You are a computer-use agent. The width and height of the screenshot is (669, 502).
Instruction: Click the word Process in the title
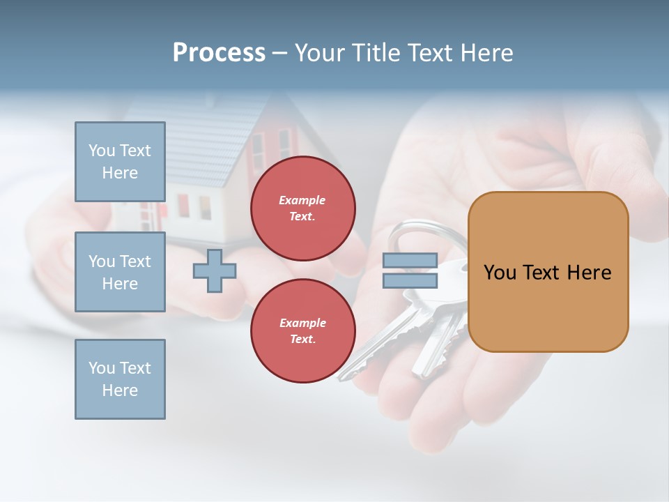pos(219,52)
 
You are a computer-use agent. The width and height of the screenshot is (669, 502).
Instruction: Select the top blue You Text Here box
pos(120,162)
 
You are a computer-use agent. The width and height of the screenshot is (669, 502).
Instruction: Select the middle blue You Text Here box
pos(120,272)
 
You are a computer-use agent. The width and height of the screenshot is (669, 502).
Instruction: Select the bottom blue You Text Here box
pos(120,379)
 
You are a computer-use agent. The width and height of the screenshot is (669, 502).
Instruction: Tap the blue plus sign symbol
pos(215,271)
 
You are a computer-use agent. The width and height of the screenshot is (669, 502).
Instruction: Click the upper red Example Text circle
pos(302,208)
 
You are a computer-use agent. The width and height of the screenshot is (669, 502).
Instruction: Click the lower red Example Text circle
pos(302,331)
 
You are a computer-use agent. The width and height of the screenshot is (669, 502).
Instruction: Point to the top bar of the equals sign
pos(410,261)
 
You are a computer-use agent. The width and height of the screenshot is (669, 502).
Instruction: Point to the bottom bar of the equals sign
pos(410,280)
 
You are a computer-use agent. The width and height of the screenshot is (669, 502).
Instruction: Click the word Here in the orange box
pos(590,273)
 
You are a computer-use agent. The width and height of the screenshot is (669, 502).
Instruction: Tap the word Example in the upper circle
pos(302,200)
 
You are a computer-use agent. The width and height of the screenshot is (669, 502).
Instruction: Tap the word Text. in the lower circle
pos(302,340)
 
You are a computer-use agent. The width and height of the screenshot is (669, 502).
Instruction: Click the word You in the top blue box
pos(101,151)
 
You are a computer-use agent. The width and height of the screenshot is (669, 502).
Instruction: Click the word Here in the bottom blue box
pos(120,390)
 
